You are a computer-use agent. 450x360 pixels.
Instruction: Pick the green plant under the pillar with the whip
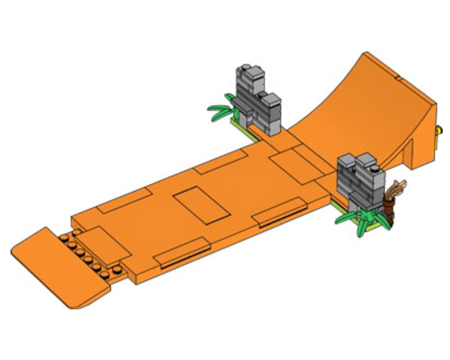click(360, 220)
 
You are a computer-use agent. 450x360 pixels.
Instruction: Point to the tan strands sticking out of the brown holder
click(398, 187)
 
